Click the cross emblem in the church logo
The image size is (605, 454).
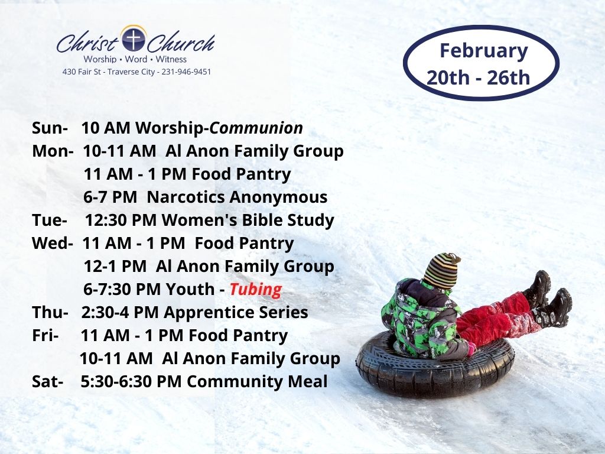[x=133, y=39]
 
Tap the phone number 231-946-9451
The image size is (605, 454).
[x=186, y=72]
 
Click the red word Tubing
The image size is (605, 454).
[x=256, y=290]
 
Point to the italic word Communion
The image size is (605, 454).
[x=256, y=128]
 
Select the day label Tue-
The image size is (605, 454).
[x=50, y=220]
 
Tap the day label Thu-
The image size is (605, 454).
[x=50, y=312]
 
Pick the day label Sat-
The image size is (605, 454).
[x=48, y=381]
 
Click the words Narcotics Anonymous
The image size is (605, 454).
[x=237, y=197]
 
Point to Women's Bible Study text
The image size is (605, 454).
[x=248, y=220]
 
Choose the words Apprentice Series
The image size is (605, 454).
[x=236, y=313]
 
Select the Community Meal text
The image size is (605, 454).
[x=258, y=382]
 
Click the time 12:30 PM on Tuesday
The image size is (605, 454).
[x=121, y=220]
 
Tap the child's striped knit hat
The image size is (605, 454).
[x=442, y=271]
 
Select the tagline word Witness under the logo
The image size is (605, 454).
[x=171, y=60]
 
